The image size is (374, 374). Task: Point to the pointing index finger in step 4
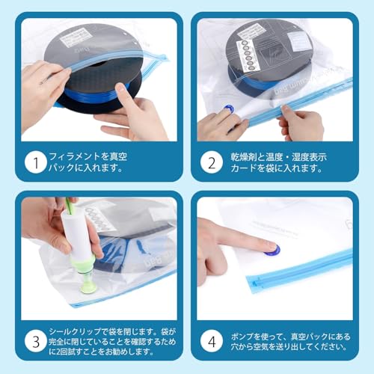[x=239, y=240]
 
